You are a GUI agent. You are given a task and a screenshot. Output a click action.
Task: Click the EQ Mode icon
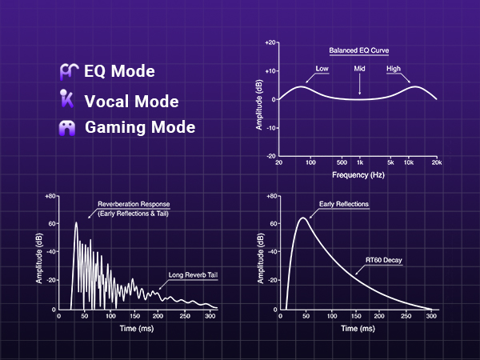[x=70, y=71]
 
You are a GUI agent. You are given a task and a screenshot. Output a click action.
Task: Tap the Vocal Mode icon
[x=69, y=101]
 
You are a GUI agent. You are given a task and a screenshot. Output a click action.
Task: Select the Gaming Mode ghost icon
[x=70, y=128]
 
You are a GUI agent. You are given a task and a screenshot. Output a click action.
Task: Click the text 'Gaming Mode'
[x=140, y=127]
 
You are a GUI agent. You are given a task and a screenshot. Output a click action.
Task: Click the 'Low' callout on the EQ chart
[x=322, y=70]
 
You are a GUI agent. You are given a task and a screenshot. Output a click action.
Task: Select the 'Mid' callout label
[x=360, y=70]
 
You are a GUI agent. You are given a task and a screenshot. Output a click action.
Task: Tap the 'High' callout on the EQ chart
[x=393, y=70]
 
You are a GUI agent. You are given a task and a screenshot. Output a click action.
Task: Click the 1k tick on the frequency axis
[x=360, y=162]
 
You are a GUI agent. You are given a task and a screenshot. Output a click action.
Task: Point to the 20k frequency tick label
[x=436, y=162]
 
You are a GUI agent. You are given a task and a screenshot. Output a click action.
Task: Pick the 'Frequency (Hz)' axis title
[x=358, y=174]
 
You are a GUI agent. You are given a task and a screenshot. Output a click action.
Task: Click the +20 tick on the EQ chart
[x=270, y=42]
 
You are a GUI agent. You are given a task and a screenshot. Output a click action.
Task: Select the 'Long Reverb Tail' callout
[x=194, y=276]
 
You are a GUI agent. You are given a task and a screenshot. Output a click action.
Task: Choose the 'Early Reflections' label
[x=344, y=205]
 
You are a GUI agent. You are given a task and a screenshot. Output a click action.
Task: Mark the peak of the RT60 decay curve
[x=302, y=218]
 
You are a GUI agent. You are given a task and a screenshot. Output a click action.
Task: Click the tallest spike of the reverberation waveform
[x=76, y=223]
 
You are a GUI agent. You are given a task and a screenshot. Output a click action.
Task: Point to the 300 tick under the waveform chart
[x=209, y=317]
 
